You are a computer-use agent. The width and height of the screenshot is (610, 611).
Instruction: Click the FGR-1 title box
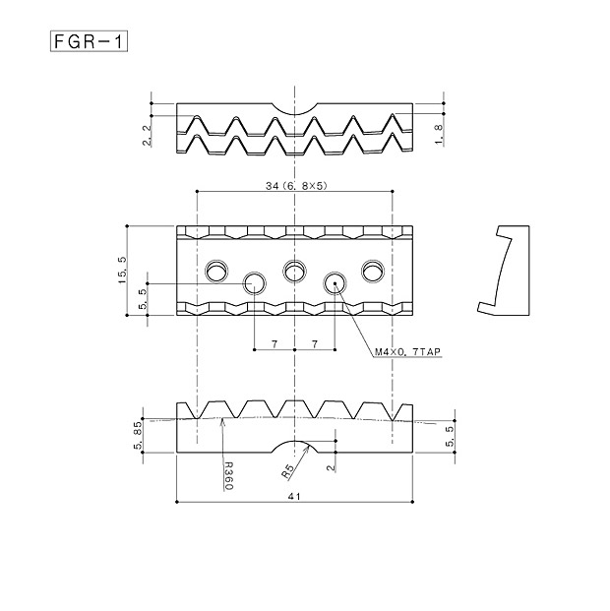pyautogui.click(x=89, y=41)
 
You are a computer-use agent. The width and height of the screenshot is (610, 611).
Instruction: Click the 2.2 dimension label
pyautogui.click(x=147, y=134)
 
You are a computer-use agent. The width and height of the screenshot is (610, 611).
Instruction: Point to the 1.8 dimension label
pyautogui.click(x=439, y=135)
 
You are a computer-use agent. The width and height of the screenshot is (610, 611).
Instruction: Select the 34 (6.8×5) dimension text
pyautogui.click(x=296, y=186)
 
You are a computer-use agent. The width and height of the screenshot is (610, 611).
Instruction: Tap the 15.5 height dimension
pyautogui.click(x=122, y=271)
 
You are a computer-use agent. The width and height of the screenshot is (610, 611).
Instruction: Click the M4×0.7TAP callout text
pyautogui.click(x=407, y=352)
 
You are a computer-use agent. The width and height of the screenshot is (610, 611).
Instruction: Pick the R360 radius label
pyautogui.click(x=229, y=476)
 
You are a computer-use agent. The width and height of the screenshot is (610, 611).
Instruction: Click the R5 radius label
pyautogui.click(x=287, y=471)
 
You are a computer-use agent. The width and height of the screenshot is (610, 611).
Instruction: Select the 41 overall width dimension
pyautogui.click(x=294, y=496)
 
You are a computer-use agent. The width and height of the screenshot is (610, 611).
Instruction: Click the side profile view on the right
pyautogui.click(x=503, y=270)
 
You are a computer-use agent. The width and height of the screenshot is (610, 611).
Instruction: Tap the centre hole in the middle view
pyautogui.click(x=295, y=271)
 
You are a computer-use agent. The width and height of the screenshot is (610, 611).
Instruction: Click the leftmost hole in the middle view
pyautogui.click(x=216, y=271)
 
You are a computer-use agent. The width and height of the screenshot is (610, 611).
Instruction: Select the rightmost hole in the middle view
pyautogui.click(x=373, y=271)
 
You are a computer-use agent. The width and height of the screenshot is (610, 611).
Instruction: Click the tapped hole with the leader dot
pyautogui.click(x=335, y=283)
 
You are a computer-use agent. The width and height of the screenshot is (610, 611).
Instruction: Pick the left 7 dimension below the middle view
pyautogui.click(x=274, y=344)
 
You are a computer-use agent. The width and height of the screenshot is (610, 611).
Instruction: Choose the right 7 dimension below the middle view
pyautogui.click(x=315, y=344)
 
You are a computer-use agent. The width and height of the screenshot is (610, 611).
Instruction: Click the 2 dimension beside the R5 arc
pyautogui.click(x=331, y=467)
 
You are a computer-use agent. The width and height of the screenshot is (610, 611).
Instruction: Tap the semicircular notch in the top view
pyautogui.click(x=295, y=108)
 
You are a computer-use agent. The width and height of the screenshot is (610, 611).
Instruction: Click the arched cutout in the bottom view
pyautogui.click(x=295, y=447)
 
